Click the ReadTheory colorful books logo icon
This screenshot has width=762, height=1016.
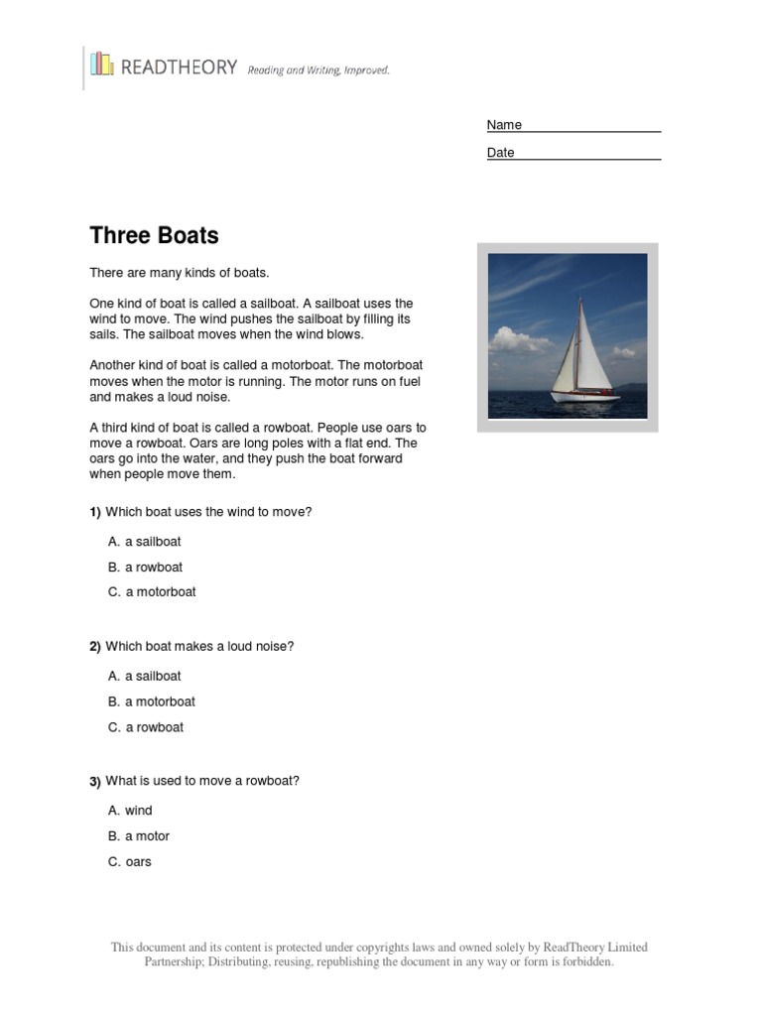pos(101,64)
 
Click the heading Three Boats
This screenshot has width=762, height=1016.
pos(154,236)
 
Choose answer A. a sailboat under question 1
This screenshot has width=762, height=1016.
pos(145,542)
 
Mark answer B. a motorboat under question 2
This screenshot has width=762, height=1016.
pos(152,701)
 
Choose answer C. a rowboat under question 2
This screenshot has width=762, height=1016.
pos(146,727)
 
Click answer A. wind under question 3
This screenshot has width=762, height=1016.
pos(130,811)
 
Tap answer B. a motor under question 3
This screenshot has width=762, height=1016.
pos(139,836)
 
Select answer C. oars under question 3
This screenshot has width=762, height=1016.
pos(130,862)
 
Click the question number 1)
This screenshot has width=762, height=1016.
pos(95,512)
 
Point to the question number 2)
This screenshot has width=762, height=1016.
pos(95,647)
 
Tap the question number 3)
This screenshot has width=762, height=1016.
pos(95,782)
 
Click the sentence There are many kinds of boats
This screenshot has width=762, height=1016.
pos(180,272)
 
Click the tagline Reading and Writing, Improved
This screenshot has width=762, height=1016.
pos(318,69)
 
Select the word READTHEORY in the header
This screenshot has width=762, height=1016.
pos(179,67)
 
